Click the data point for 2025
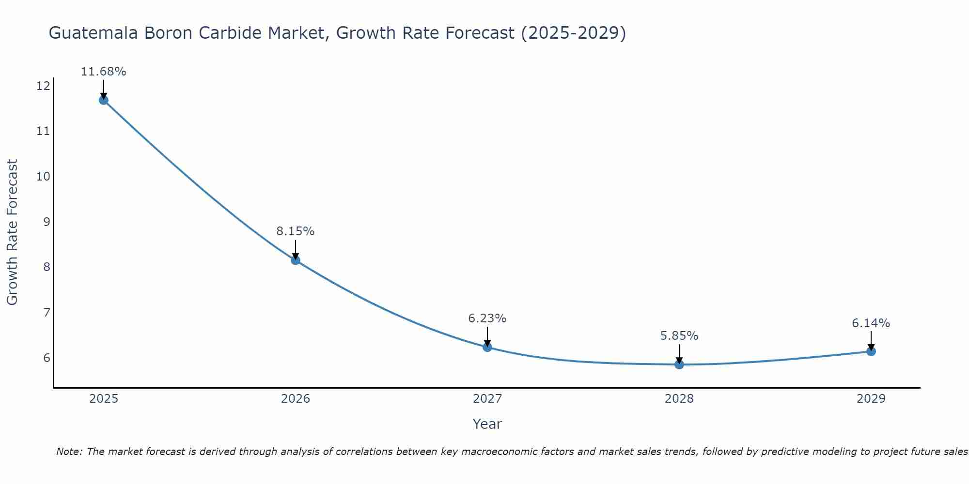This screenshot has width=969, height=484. (x=103, y=100)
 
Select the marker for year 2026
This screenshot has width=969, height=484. (x=296, y=260)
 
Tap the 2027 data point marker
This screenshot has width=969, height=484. (x=487, y=347)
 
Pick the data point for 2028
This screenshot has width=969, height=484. (x=679, y=364)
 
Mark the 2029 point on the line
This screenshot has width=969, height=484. (x=871, y=351)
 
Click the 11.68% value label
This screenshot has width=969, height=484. (x=103, y=72)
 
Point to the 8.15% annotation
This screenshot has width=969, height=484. (x=296, y=231)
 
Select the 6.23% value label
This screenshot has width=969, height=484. (x=487, y=318)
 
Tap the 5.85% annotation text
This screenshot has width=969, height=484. (x=679, y=336)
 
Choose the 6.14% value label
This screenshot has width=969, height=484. (x=871, y=323)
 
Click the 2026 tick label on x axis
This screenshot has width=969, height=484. (x=296, y=399)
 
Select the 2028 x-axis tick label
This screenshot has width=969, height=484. (x=679, y=399)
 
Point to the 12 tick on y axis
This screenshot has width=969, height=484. (x=43, y=86)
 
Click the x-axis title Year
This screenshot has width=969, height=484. (x=487, y=424)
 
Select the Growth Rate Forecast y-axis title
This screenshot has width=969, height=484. (x=13, y=232)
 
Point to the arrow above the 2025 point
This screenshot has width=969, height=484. (x=103, y=89)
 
